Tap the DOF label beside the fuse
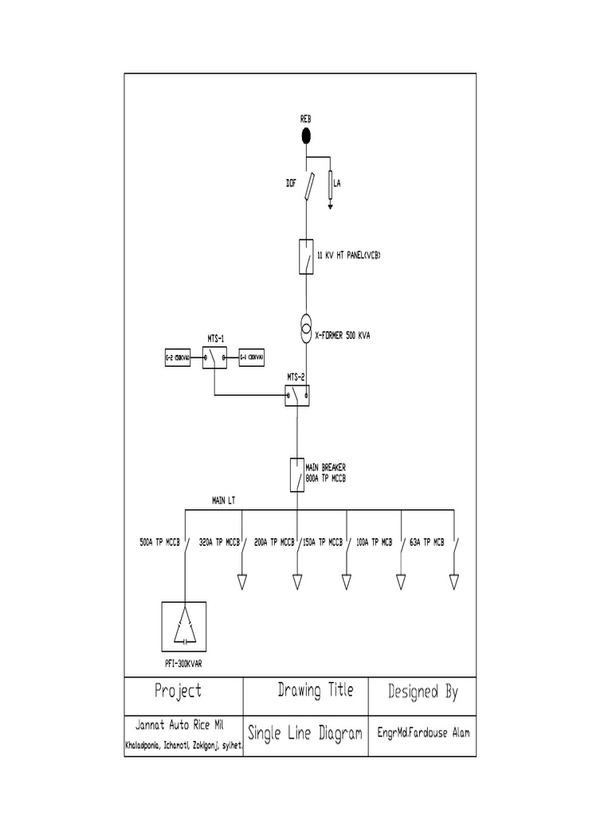pos(292,183)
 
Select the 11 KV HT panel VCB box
pos(305,256)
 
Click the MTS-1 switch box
pos(214,359)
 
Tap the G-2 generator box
pos(176,359)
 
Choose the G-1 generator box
pos(253,359)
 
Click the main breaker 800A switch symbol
pos(296,474)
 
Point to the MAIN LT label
pos(223,501)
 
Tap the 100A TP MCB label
pos(375,542)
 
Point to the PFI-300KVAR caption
pos(184,662)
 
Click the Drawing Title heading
pos(315,691)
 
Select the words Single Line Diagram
pos(305,734)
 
